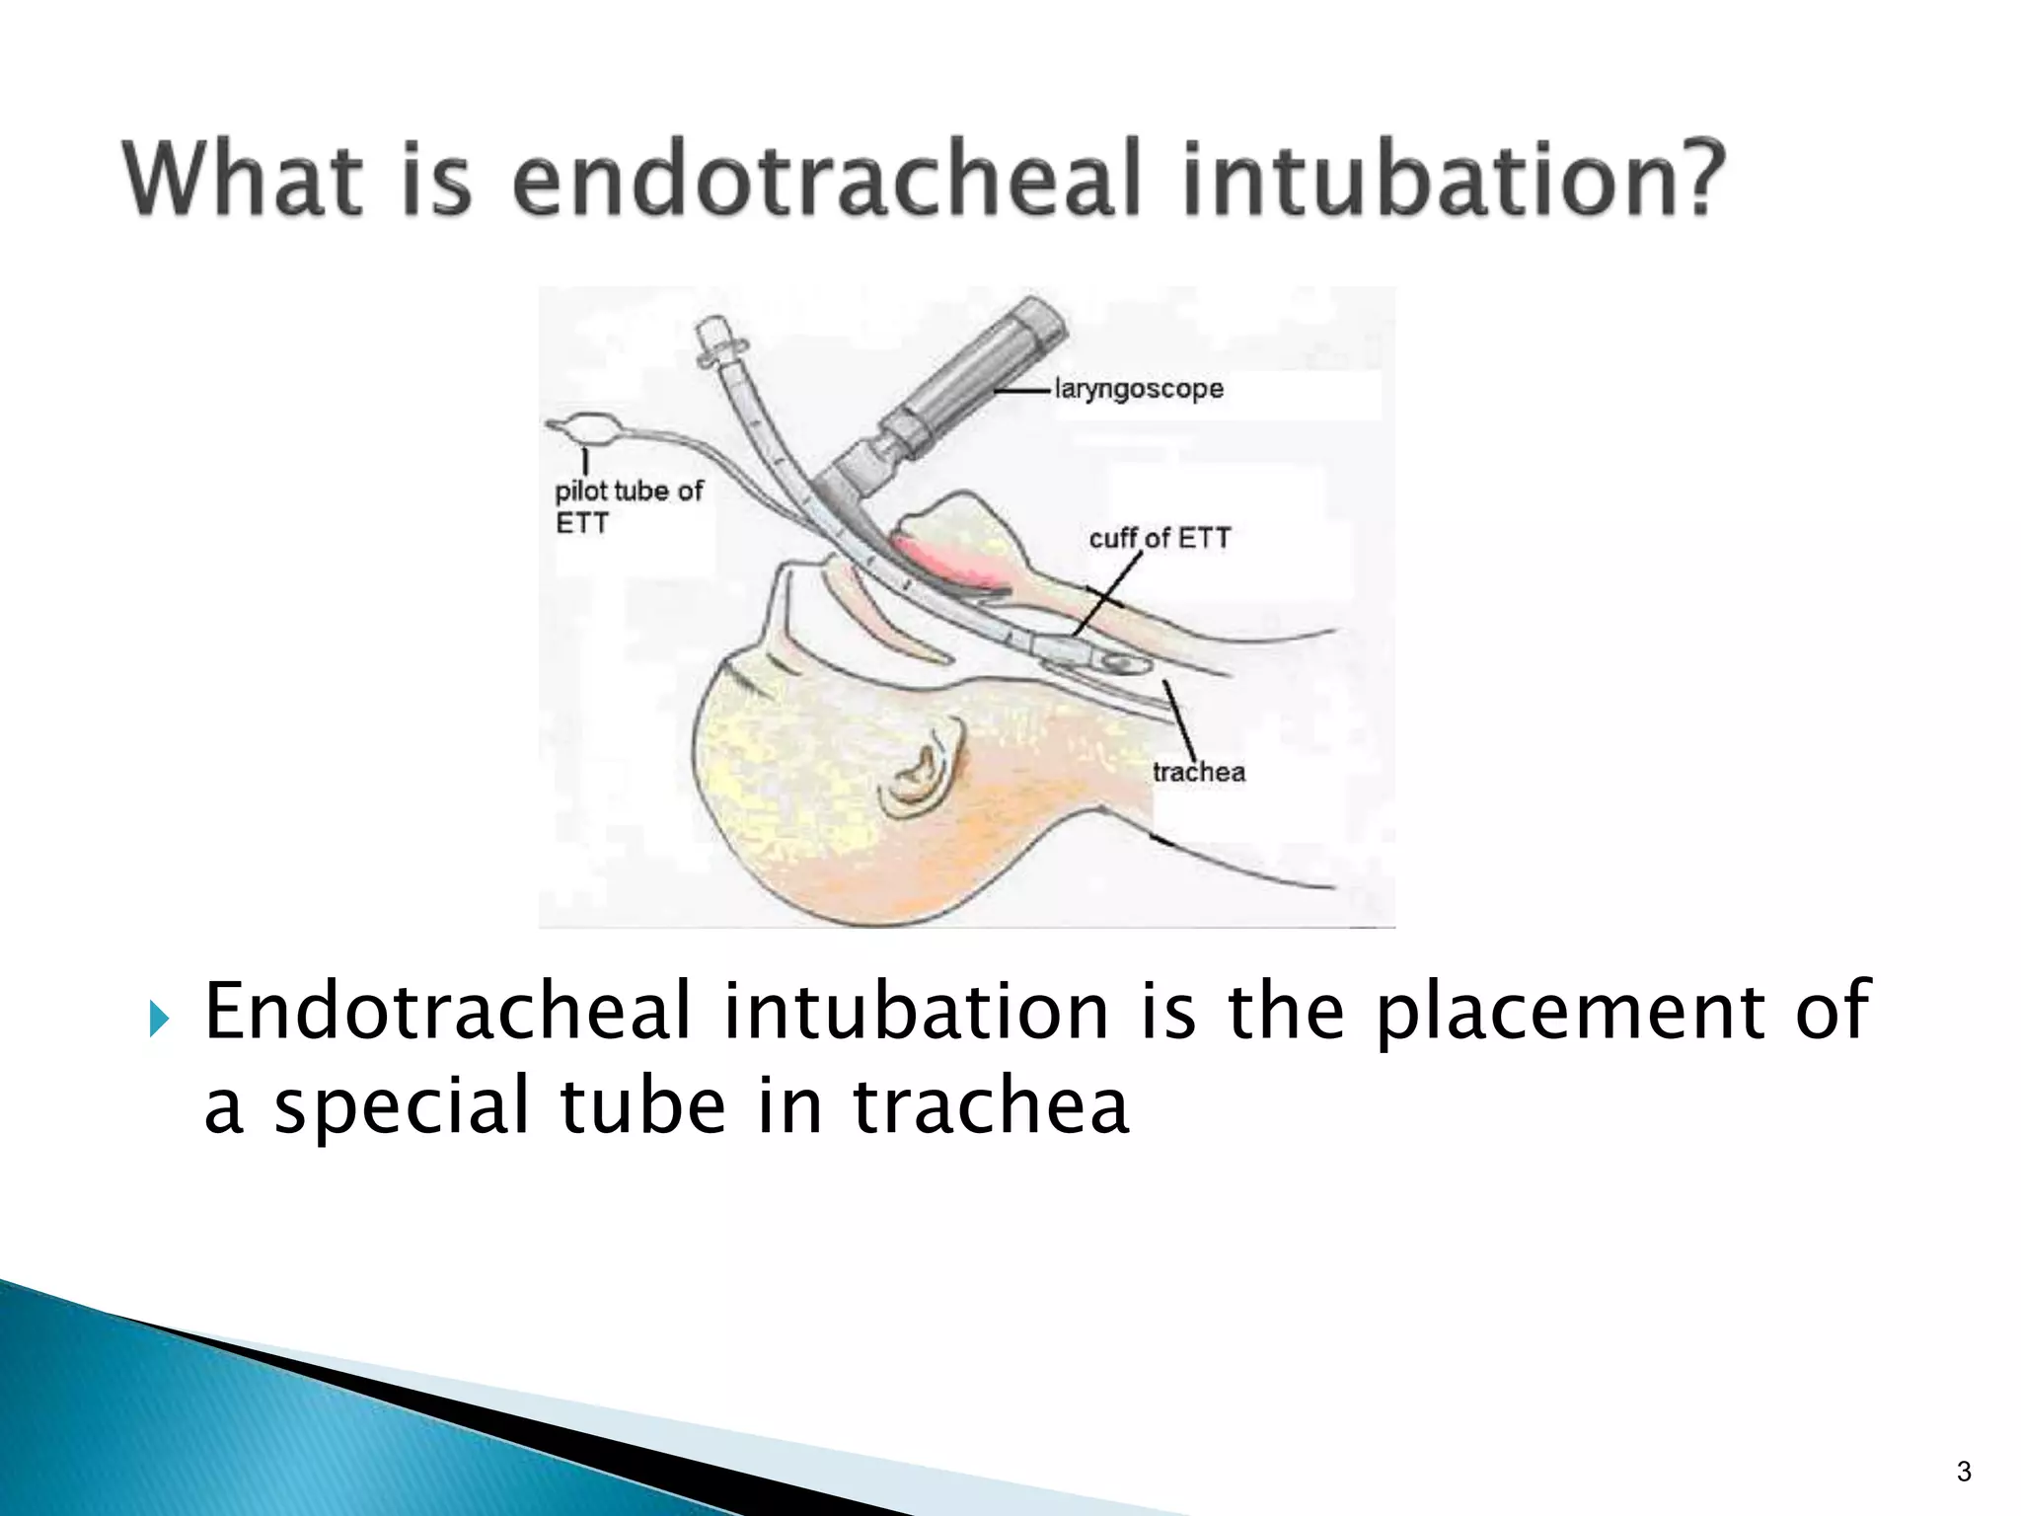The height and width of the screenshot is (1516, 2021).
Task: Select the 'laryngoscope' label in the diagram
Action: click(1139, 389)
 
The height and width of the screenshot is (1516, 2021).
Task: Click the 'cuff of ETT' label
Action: click(1160, 539)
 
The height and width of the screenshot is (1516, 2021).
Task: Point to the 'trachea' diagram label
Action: click(1199, 772)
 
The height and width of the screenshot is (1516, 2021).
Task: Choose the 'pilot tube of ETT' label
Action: click(628, 505)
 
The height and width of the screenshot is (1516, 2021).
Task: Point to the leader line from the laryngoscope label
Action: click(1022, 392)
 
